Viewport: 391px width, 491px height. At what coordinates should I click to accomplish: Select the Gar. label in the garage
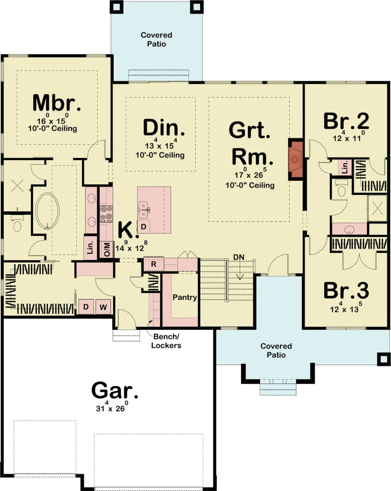pyautogui.click(x=115, y=390)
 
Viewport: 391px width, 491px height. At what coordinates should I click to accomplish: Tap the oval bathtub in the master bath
pyautogui.click(x=47, y=211)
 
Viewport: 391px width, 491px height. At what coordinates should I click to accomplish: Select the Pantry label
pyautogui.click(x=185, y=297)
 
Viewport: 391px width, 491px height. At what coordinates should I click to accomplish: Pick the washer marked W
pyautogui.click(x=103, y=306)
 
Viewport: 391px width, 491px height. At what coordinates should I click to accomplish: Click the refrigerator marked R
pyautogui.click(x=153, y=264)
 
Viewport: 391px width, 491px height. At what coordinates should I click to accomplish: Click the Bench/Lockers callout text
pyautogui.click(x=166, y=341)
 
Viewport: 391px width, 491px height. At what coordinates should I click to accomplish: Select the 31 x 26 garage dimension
pyautogui.click(x=112, y=408)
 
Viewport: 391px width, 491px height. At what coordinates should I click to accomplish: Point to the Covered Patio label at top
pyautogui.click(x=156, y=39)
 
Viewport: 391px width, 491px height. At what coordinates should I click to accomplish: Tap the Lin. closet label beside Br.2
pyautogui.click(x=344, y=167)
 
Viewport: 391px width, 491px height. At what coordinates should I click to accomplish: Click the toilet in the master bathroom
pyautogui.click(x=18, y=224)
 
